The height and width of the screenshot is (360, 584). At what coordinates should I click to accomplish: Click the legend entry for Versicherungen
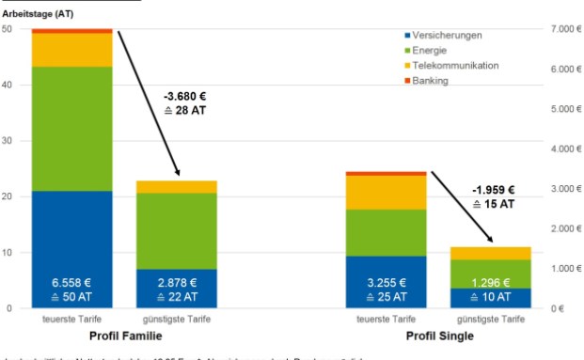click(447, 35)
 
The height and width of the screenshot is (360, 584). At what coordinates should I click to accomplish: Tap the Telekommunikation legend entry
click(453, 65)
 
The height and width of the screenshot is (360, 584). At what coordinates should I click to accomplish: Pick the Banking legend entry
click(430, 80)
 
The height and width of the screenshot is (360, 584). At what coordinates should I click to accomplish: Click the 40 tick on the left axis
click(8, 85)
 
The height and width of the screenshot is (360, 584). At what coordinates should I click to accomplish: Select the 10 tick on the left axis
click(8, 252)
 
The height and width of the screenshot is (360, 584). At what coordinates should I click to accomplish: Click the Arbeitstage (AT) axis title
click(38, 13)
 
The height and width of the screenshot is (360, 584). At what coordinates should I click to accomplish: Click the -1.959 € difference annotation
click(494, 189)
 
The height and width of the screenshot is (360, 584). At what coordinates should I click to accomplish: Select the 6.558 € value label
click(71, 281)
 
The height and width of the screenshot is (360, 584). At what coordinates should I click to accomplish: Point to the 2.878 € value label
click(176, 281)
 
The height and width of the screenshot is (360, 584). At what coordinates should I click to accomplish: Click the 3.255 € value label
click(387, 281)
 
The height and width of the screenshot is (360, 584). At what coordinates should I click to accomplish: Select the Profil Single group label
click(439, 336)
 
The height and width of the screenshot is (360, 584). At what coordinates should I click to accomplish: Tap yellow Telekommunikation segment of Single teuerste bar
click(387, 192)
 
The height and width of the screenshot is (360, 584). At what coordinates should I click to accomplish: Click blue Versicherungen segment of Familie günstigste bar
click(176, 289)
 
